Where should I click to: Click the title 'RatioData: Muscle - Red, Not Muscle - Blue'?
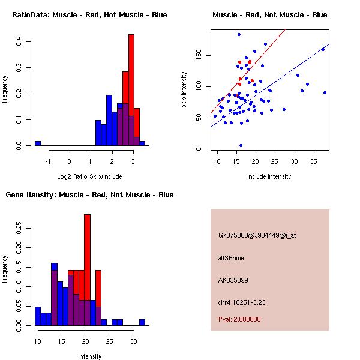tap(90, 14)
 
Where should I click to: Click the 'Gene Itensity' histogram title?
tap(89, 195)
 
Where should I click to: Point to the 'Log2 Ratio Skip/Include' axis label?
tap(89, 176)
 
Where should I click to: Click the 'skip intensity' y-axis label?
tap(185, 90)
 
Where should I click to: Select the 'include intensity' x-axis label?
tap(269, 176)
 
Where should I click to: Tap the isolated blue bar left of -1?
tap(38, 143)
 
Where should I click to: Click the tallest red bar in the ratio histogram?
tap(131, 90)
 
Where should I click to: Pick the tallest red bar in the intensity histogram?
tap(87, 269)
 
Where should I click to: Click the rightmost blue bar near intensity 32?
tap(142, 322)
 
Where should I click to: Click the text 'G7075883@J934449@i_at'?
tap(257, 235)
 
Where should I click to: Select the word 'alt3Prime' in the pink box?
tap(231, 258)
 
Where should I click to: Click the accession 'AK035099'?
tap(232, 280)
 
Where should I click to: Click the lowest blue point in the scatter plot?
tap(241, 145)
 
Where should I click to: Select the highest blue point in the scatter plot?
tap(239, 34)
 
